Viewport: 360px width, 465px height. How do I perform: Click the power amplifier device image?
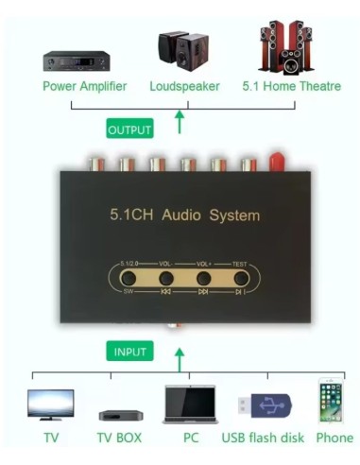pos(77,61)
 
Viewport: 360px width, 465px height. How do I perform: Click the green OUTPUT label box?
pos(129,129)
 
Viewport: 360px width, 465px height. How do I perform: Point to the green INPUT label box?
pos(129,352)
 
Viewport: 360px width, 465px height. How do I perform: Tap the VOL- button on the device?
pos(166,279)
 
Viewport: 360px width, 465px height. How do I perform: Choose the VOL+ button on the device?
pos(203,279)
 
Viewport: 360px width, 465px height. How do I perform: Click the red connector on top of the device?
pos(277,163)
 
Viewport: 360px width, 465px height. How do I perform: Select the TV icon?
pos(50,404)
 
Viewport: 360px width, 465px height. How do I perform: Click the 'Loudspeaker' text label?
pos(184,86)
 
